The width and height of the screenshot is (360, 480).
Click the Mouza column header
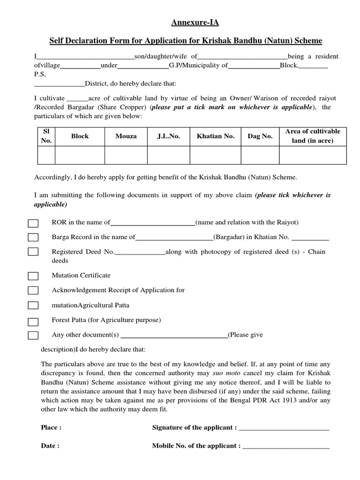tap(126, 136)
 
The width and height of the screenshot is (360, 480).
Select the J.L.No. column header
tap(169, 136)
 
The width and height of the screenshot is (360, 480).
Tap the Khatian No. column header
tap(216, 136)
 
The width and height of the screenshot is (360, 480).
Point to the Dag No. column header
tap(260, 136)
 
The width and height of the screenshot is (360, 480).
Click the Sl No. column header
tap(46, 136)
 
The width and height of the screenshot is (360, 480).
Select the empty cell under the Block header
tap(80, 155)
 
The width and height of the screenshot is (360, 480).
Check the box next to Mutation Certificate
tap(33, 276)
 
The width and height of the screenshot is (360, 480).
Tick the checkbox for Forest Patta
tap(33, 322)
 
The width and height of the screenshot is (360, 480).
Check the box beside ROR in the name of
tap(33, 223)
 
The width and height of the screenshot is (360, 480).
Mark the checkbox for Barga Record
tap(33, 238)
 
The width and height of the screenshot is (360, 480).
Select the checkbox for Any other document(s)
tap(33, 335)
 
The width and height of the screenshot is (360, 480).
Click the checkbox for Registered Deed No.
tap(33, 252)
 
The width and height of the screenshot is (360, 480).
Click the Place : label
tap(51, 427)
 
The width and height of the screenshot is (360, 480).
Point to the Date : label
tap(50, 446)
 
